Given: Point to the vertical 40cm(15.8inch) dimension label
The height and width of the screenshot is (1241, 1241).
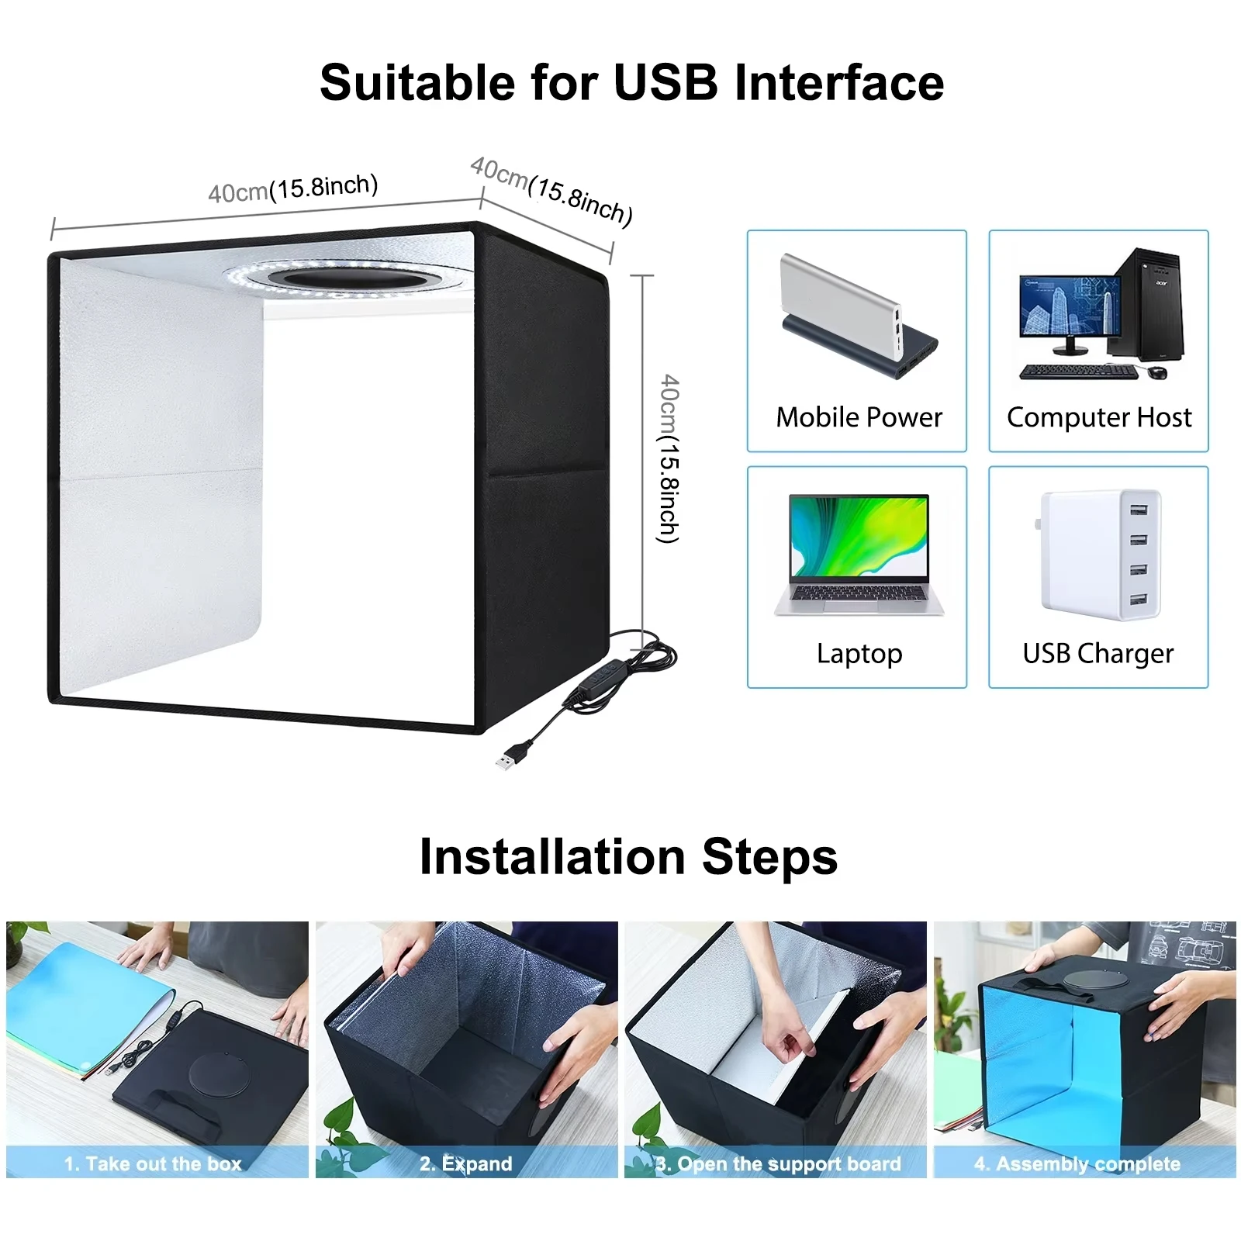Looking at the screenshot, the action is point(669,459).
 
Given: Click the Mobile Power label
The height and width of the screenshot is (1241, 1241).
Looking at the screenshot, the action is point(859,417).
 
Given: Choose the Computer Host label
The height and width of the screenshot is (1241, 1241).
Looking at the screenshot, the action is point(1099,418).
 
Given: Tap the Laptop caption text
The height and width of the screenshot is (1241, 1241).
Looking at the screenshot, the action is point(859,654).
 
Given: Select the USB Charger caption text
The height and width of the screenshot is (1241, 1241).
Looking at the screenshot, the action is point(1098,654).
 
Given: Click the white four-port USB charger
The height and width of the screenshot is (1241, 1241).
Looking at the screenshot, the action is point(1100,555).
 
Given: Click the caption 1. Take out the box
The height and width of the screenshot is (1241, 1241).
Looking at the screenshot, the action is point(153,1163).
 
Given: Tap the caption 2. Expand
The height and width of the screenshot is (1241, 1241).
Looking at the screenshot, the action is point(466,1163).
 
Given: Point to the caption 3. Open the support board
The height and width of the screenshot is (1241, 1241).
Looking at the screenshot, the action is point(778,1163).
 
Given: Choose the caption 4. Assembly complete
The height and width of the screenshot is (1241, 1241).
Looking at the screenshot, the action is point(1077,1163).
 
